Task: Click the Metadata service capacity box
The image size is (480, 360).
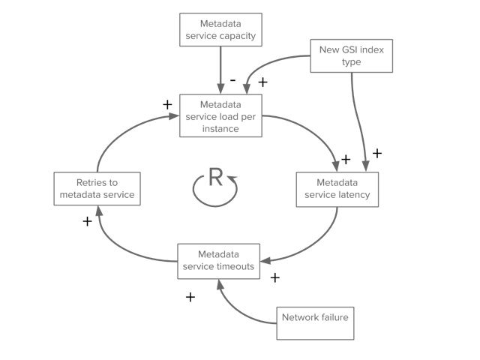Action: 220,30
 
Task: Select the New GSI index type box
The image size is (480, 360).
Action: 352,55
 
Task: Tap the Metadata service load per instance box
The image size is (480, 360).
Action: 220,115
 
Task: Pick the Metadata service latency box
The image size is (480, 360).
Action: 337,190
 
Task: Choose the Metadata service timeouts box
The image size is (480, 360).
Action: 218,261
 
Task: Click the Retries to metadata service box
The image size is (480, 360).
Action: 97,188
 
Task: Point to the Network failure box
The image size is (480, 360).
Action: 315,323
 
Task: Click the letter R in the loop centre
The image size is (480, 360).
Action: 215,177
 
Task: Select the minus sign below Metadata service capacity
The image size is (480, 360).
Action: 233,80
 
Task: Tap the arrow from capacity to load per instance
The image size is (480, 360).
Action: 220,70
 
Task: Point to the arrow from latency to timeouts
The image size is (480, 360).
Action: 318,241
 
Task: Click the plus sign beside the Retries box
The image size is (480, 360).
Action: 87,221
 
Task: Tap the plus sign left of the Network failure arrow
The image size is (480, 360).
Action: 190,297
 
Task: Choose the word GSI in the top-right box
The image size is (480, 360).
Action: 349,49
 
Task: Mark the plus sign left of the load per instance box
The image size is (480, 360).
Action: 167,105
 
